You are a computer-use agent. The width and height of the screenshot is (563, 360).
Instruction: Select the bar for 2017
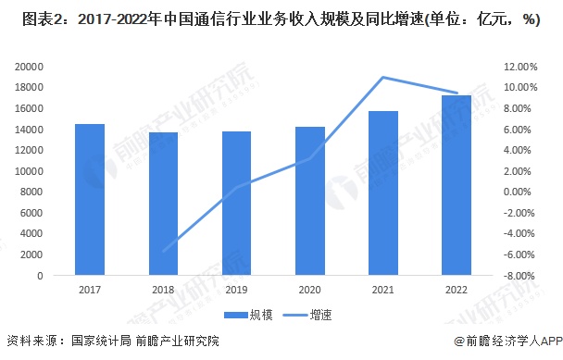tap(90, 200)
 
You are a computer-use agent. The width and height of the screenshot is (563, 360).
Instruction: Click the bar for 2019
tap(237, 204)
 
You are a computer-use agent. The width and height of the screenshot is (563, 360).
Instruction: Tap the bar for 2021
tap(383, 193)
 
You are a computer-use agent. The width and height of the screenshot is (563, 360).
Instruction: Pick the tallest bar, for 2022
tap(457, 185)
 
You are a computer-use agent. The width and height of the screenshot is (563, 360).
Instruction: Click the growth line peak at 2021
tap(383, 77)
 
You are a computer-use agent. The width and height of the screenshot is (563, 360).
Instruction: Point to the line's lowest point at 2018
tap(163, 251)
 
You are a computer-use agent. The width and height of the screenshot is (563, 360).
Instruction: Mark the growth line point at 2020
tap(310, 158)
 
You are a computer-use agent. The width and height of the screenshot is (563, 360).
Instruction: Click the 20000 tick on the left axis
tap(29, 67)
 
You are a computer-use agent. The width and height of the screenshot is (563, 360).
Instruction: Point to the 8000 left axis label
tap(32, 192)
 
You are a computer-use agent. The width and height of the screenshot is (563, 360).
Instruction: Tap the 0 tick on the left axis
tap(40, 276)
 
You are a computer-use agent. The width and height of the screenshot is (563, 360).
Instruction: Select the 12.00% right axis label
tap(520, 67)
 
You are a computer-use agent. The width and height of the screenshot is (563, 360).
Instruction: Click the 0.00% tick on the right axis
tap(517, 192)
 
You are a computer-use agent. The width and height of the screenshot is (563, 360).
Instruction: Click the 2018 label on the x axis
tap(163, 290)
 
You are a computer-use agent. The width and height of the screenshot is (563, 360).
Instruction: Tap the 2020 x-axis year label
tap(309, 290)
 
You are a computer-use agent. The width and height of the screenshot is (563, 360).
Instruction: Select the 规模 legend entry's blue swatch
tap(236, 316)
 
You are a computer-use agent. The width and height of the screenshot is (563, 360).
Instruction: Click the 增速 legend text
tap(321, 316)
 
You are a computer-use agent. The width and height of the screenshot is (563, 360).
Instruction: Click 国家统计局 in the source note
tap(101, 341)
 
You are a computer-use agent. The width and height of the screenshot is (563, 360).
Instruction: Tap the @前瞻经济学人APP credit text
tap(508, 341)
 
